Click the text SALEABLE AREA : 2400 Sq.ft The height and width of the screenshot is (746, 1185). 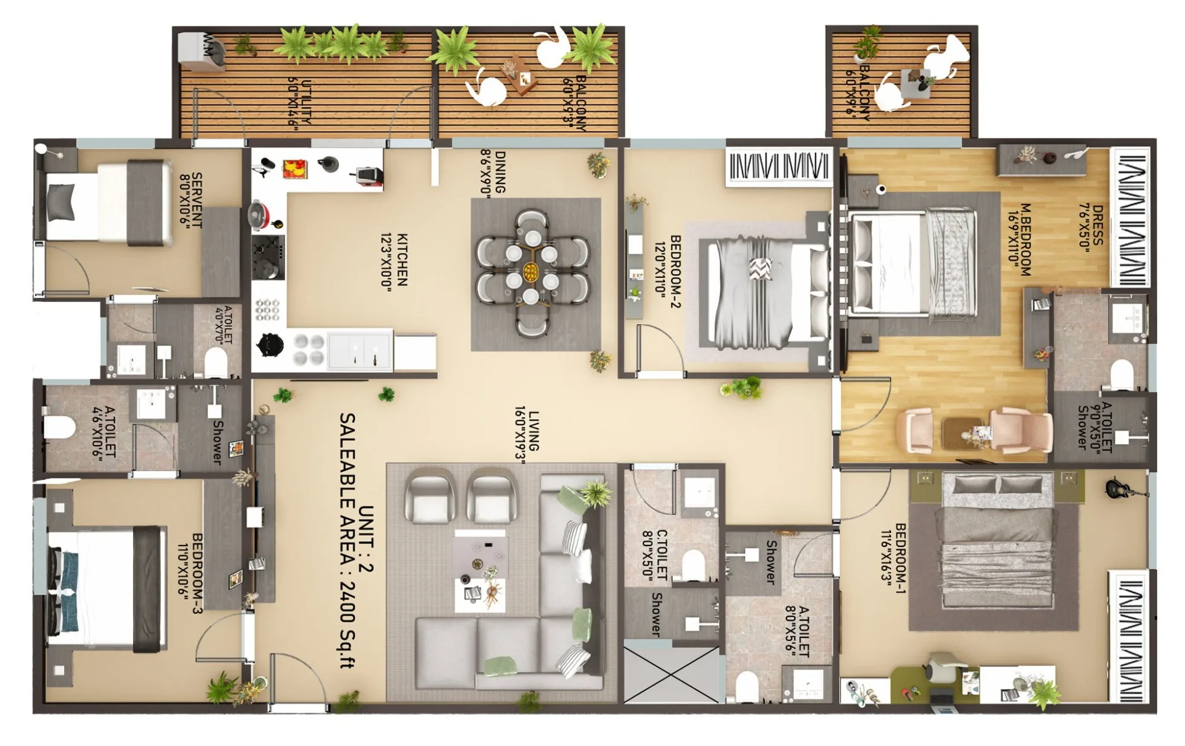click(347, 541)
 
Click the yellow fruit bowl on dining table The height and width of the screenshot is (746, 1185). click(531, 271)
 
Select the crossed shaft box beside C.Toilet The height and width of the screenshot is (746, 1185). click(671, 674)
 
